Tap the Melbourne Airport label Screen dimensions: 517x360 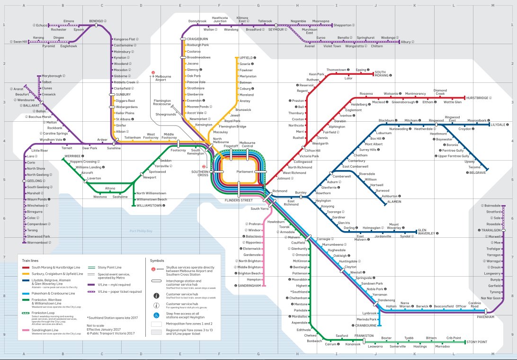pos(163,78)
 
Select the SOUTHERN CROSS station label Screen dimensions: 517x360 pos(200,173)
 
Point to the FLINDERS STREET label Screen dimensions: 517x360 pos(239,200)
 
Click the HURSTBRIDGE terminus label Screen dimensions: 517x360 pos(480,98)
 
